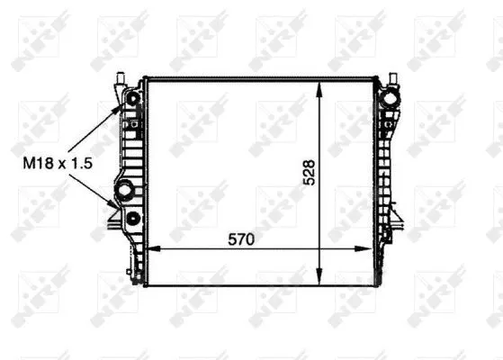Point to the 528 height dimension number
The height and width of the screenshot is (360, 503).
[x=309, y=173]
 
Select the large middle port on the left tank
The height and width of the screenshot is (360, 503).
[x=124, y=189]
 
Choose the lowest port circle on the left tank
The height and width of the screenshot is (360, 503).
[x=133, y=219]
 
